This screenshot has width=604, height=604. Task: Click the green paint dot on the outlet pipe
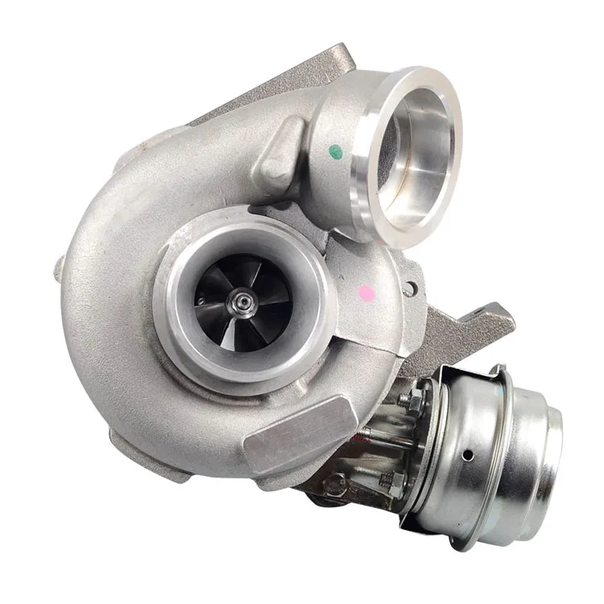coord(337,151)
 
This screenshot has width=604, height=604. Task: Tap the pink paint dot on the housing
coord(366,293)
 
